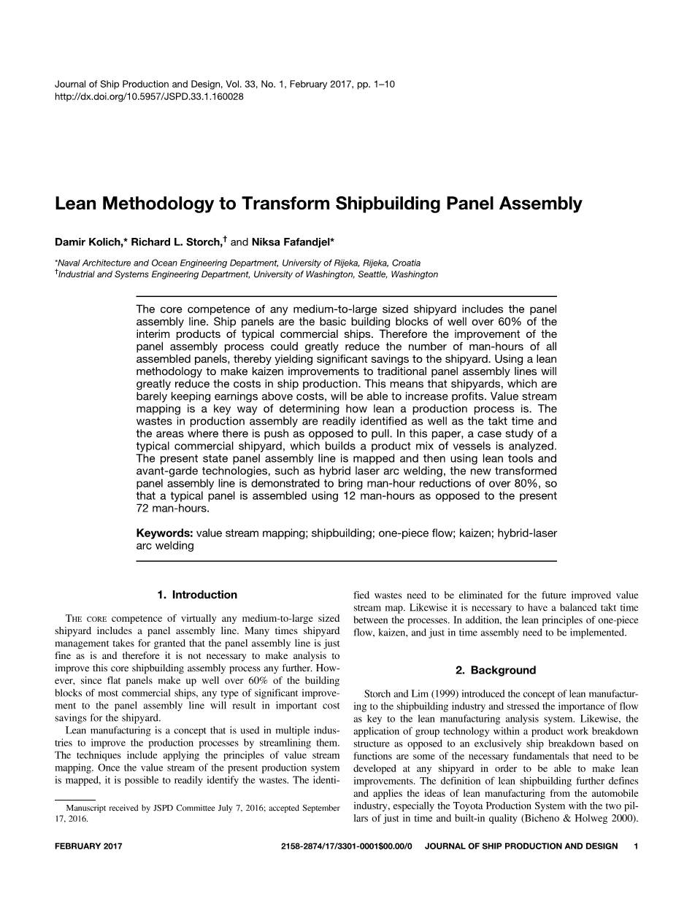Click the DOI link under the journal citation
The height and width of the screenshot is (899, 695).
click(x=149, y=96)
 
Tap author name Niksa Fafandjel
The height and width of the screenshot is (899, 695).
click(x=291, y=242)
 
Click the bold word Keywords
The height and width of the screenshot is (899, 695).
click(x=165, y=533)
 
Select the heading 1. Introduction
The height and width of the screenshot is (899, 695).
click(x=197, y=595)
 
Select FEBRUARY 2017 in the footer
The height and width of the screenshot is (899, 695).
click(x=88, y=846)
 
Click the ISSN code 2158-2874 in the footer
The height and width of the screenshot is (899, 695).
click(x=302, y=846)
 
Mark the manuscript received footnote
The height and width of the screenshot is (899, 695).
click(x=197, y=813)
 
